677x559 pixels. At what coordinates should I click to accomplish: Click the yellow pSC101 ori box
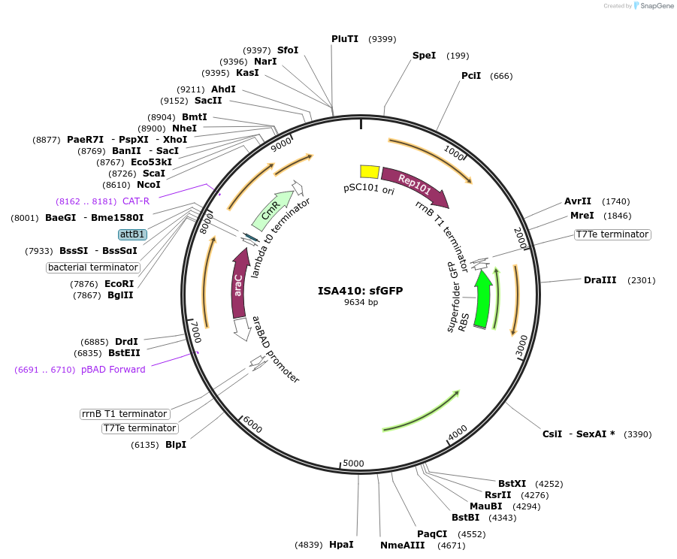pyautogui.click(x=369, y=171)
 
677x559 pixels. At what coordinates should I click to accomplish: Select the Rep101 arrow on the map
pyautogui.click(x=414, y=184)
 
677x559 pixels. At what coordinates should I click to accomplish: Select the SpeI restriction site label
pyautogui.click(x=424, y=56)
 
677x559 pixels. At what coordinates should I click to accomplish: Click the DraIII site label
pyautogui.click(x=600, y=280)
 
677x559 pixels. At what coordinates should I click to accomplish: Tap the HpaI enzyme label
pyautogui.click(x=341, y=544)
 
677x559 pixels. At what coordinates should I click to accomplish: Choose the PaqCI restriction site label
pyautogui.click(x=432, y=534)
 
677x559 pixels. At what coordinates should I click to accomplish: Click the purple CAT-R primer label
pyautogui.click(x=136, y=201)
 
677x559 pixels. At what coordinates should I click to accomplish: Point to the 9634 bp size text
pyautogui.click(x=361, y=302)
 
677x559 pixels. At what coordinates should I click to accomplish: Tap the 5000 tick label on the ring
pyautogui.click(x=353, y=463)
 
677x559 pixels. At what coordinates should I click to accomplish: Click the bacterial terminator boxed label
pyautogui.click(x=93, y=267)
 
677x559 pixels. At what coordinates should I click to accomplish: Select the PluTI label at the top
pyautogui.click(x=345, y=39)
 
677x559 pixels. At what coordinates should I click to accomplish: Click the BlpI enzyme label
pyautogui.click(x=175, y=445)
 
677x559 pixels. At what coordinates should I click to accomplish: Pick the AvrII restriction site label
pyautogui.click(x=578, y=201)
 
